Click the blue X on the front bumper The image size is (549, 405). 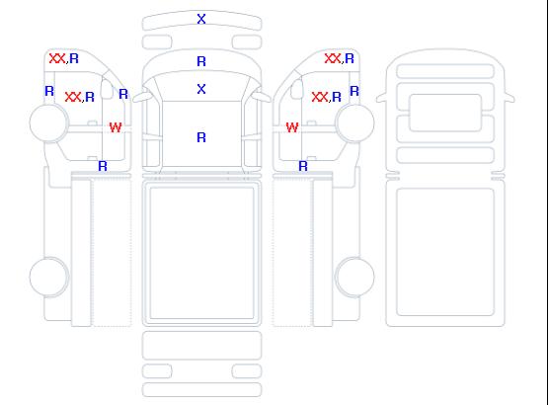[201, 19]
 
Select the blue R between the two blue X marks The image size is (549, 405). [201, 61]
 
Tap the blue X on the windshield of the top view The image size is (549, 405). [201, 89]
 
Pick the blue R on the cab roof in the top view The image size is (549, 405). [201, 137]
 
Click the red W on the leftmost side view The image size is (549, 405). [116, 127]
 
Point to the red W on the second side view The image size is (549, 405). [292, 127]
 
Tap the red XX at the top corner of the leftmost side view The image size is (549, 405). [57, 58]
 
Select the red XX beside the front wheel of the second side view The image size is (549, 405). [320, 97]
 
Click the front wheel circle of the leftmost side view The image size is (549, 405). [49, 122]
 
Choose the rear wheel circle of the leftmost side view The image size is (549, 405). [49, 277]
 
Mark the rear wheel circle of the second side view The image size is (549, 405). [354, 277]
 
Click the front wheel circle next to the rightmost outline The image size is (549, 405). [354, 122]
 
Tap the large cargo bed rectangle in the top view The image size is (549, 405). [201, 253]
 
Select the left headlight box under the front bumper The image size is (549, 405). [157, 42]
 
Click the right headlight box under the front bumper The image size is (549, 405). [247, 42]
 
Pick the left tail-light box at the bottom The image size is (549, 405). [157, 371]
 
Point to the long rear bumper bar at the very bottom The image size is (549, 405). [201, 390]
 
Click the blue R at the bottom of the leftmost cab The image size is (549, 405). [103, 166]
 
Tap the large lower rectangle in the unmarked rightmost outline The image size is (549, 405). [445, 252]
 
